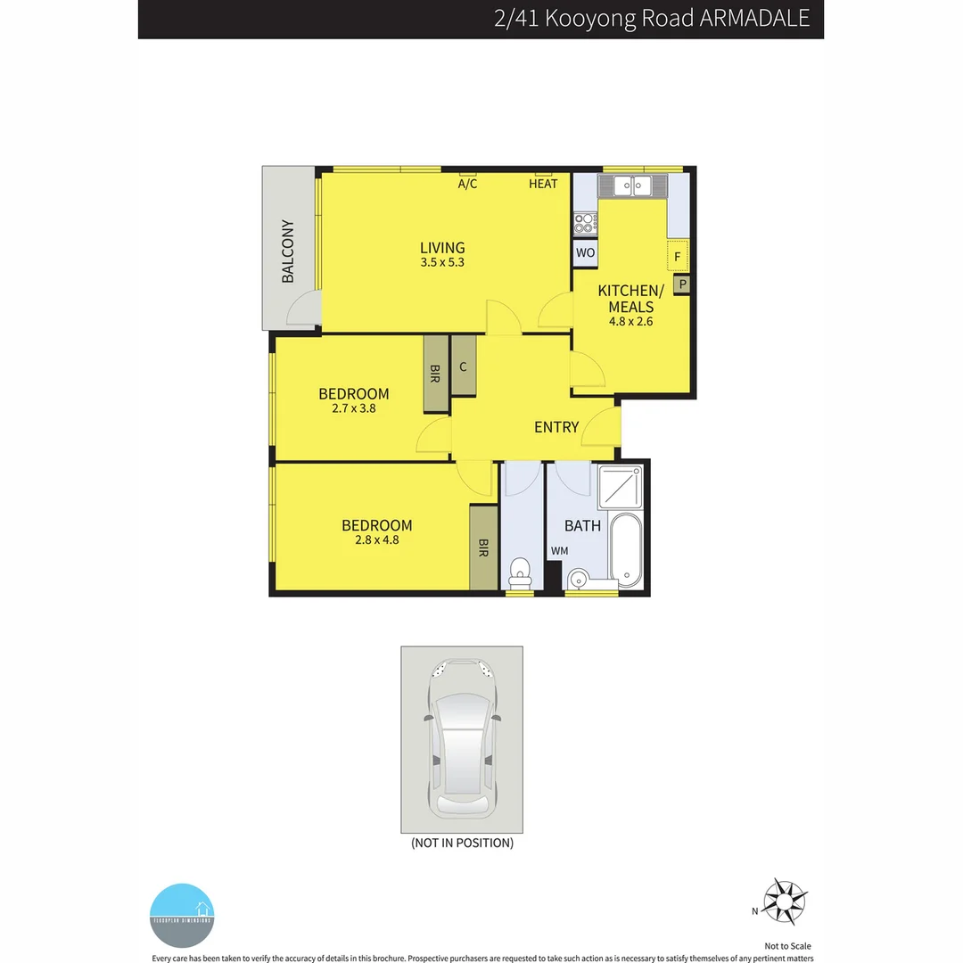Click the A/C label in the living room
coord(468,184)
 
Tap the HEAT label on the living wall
coord(543,184)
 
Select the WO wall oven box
coord(585,253)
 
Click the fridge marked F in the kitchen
coord(678,256)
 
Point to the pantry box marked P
coord(683,284)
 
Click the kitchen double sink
coord(633,186)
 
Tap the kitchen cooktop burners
coord(585,222)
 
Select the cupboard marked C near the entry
coord(464,366)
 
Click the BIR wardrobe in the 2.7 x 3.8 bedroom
coord(436,373)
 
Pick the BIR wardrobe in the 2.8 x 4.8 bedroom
coord(483,547)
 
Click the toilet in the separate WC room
coord(520,571)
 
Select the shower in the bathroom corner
coord(621,487)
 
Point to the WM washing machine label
coord(559,552)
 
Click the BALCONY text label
coord(288,251)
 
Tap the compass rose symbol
coord(786,901)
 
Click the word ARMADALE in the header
coord(754,19)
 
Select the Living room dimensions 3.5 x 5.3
coord(443,263)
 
